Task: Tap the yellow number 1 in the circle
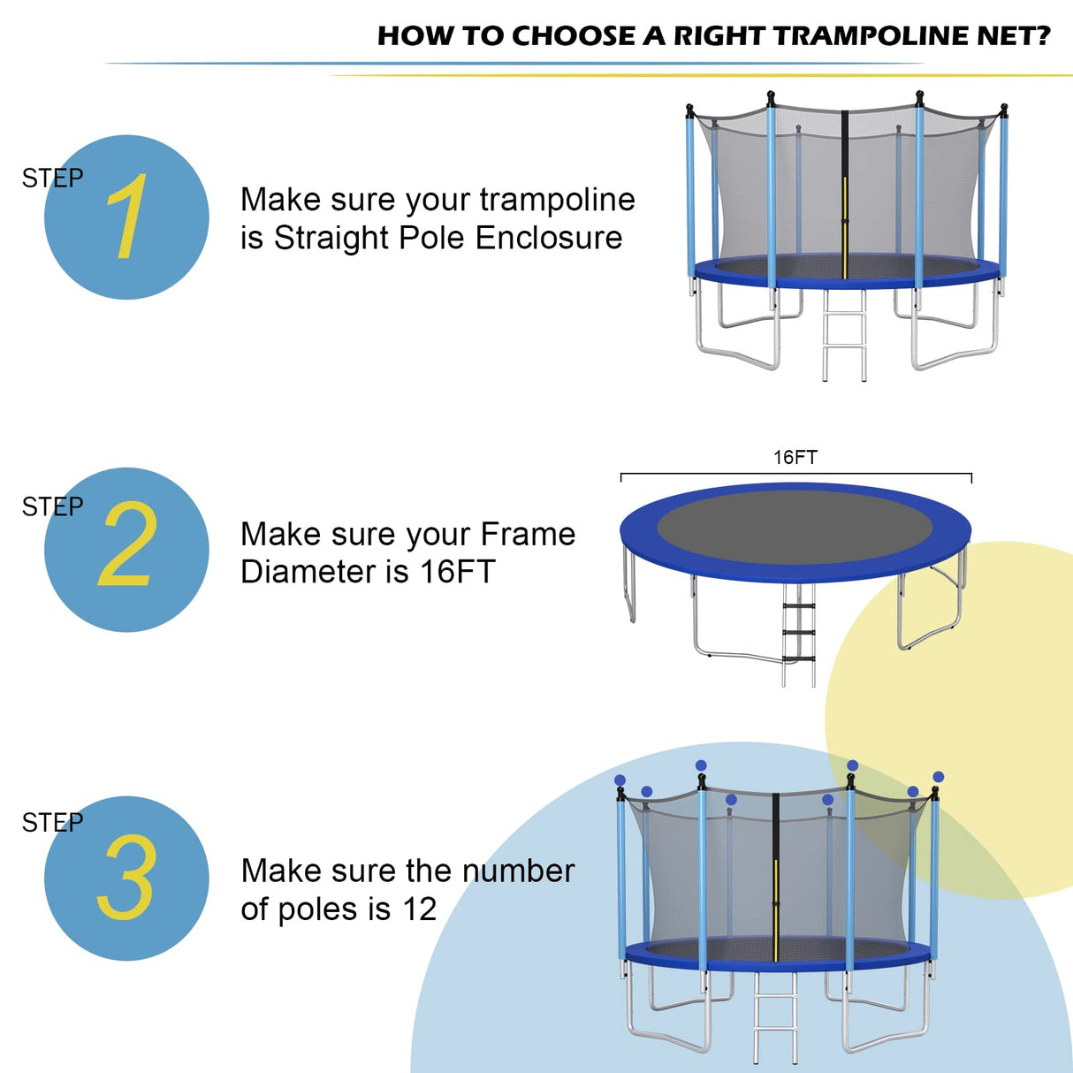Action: tap(127, 217)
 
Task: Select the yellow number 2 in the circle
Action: tap(127, 544)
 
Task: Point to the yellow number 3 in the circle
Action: tap(127, 877)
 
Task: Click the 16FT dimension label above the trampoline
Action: tap(795, 457)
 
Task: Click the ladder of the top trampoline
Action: tap(844, 336)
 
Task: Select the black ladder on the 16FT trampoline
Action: tap(799, 632)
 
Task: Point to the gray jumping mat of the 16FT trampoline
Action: tap(795, 526)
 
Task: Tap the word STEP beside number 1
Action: tap(52, 179)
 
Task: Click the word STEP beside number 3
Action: tap(52, 823)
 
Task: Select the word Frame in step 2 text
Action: tap(528, 535)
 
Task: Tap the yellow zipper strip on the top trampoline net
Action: tap(845, 225)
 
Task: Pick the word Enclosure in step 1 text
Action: tap(548, 238)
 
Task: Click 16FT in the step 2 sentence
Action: tap(457, 572)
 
